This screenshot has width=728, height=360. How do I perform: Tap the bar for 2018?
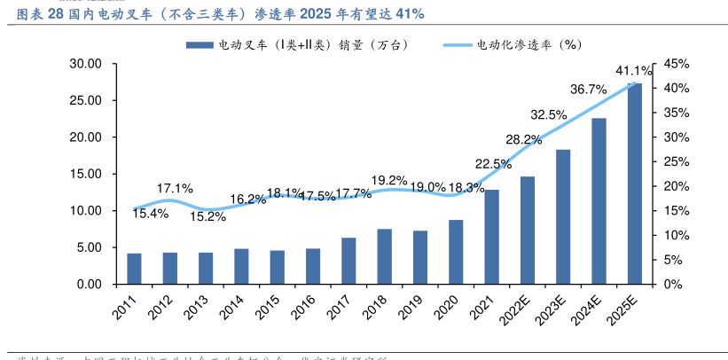(x=384, y=256)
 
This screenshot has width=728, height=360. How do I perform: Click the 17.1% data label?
(x=175, y=188)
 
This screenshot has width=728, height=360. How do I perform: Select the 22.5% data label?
(x=493, y=163)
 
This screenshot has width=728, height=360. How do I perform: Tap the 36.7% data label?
(x=588, y=89)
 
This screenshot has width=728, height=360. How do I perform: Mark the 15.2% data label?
(x=209, y=215)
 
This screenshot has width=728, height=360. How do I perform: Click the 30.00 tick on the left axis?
(x=86, y=64)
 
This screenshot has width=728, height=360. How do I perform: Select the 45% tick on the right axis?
(x=677, y=64)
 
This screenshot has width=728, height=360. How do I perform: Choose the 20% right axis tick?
(x=677, y=186)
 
